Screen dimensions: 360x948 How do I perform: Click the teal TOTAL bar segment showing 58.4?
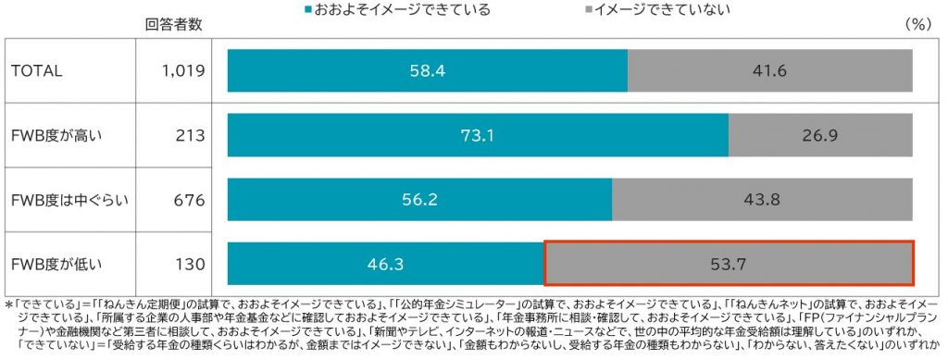(x=427, y=70)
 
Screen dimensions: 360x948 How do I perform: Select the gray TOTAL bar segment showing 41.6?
(x=769, y=70)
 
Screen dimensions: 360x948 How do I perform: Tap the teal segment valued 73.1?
(x=478, y=135)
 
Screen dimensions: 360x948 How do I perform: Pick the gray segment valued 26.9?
(x=820, y=135)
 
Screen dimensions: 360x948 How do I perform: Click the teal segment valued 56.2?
(x=419, y=200)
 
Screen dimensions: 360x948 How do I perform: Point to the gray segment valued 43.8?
(x=762, y=200)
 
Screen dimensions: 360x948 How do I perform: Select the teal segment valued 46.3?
(x=385, y=264)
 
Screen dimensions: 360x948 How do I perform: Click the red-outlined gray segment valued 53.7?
(x=729, y=264)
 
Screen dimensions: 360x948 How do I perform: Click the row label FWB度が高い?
(x=56, y=135)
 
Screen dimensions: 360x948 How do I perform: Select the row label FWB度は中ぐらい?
(x=65, y=200)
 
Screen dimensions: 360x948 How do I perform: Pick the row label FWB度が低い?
(x=56, y=265)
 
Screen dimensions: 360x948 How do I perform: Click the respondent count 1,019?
(x=183, y=70)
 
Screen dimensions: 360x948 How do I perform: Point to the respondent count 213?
(x=190, y=135)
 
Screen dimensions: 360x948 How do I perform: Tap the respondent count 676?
(x=190, y=200)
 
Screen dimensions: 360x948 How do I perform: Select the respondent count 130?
(x=190, y=265)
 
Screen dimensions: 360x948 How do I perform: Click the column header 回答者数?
(x=174, y=25)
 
